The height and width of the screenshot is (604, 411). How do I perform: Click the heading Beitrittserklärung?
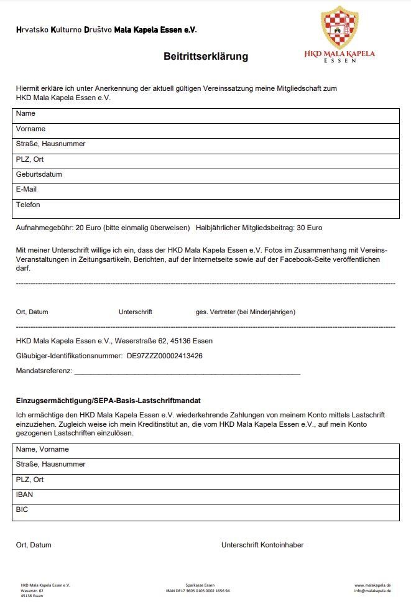click(x=206, y=57)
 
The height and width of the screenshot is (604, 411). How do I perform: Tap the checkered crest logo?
click(x=339, y=27)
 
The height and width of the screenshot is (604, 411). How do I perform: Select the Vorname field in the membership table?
click(x=205, y=129)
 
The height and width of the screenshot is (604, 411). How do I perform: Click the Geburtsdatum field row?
click(x=205, y=175)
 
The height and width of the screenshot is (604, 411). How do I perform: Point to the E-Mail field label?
click(x=27, y=190)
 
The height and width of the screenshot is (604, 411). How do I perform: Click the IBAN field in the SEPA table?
click(x=205, y=495)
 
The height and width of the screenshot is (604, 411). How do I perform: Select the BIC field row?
click(x=205, y=511)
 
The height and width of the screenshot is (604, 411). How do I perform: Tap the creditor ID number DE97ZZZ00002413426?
click(x=165, y=356)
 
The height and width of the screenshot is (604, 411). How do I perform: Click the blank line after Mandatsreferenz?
click(x=187, y=372)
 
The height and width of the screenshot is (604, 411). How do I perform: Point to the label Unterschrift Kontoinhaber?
click(x=262, y=546)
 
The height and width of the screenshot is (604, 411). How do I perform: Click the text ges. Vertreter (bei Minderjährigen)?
click(x=246, y=312)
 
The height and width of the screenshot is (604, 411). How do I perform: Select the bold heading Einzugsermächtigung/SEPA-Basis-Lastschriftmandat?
click(x=108, y=400)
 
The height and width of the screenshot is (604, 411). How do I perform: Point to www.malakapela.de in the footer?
click(x=372, y=585)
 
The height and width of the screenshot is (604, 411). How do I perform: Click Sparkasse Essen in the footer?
click(x=200, y=585)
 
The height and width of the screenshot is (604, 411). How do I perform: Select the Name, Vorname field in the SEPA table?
click(x=205, y=450)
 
